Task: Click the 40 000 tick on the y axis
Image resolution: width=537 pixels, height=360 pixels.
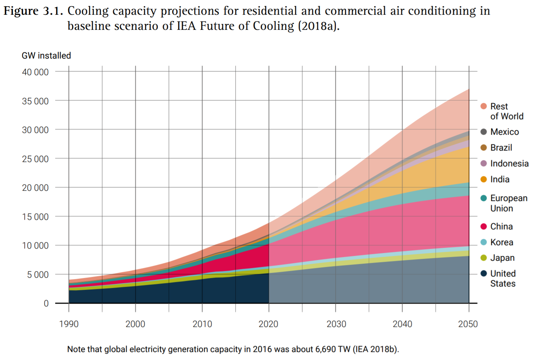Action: click(x=35, y=72)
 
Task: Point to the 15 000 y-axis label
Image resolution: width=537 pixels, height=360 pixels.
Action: click(x=35, y=217)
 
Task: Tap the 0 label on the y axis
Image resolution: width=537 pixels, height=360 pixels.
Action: click(x=46, y=303)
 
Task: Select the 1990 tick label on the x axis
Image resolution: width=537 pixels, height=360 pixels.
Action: click(x=69, y=324)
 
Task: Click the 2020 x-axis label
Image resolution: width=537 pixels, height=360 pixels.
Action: click(x=268, y=324)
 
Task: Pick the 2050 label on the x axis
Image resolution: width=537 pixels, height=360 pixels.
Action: click(x=468, y=324)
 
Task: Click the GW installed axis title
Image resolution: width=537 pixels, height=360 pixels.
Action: click(x=46, y=56)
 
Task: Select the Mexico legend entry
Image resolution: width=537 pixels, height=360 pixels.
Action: click(x=504, y=132)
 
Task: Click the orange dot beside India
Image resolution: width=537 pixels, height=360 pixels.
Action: click(x=484, y=179)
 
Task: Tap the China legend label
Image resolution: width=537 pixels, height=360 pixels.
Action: click(x=501, y=226)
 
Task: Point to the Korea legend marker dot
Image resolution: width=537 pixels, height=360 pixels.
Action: click(x=484, y=242)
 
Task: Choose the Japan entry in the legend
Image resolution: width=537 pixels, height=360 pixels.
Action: click(x=502, y=258)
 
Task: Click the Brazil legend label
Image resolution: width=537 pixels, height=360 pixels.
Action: click(x=501, y=148)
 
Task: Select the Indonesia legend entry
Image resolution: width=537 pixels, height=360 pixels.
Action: click(x=509, y=163)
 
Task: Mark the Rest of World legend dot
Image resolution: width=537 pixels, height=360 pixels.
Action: click(x=484, y=106)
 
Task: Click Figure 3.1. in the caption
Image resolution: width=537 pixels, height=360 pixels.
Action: click(x=33, y=11)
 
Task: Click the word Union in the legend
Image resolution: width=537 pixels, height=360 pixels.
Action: click(x=501, y=208)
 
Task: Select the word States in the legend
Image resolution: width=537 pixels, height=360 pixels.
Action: click(x=502, y=283)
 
